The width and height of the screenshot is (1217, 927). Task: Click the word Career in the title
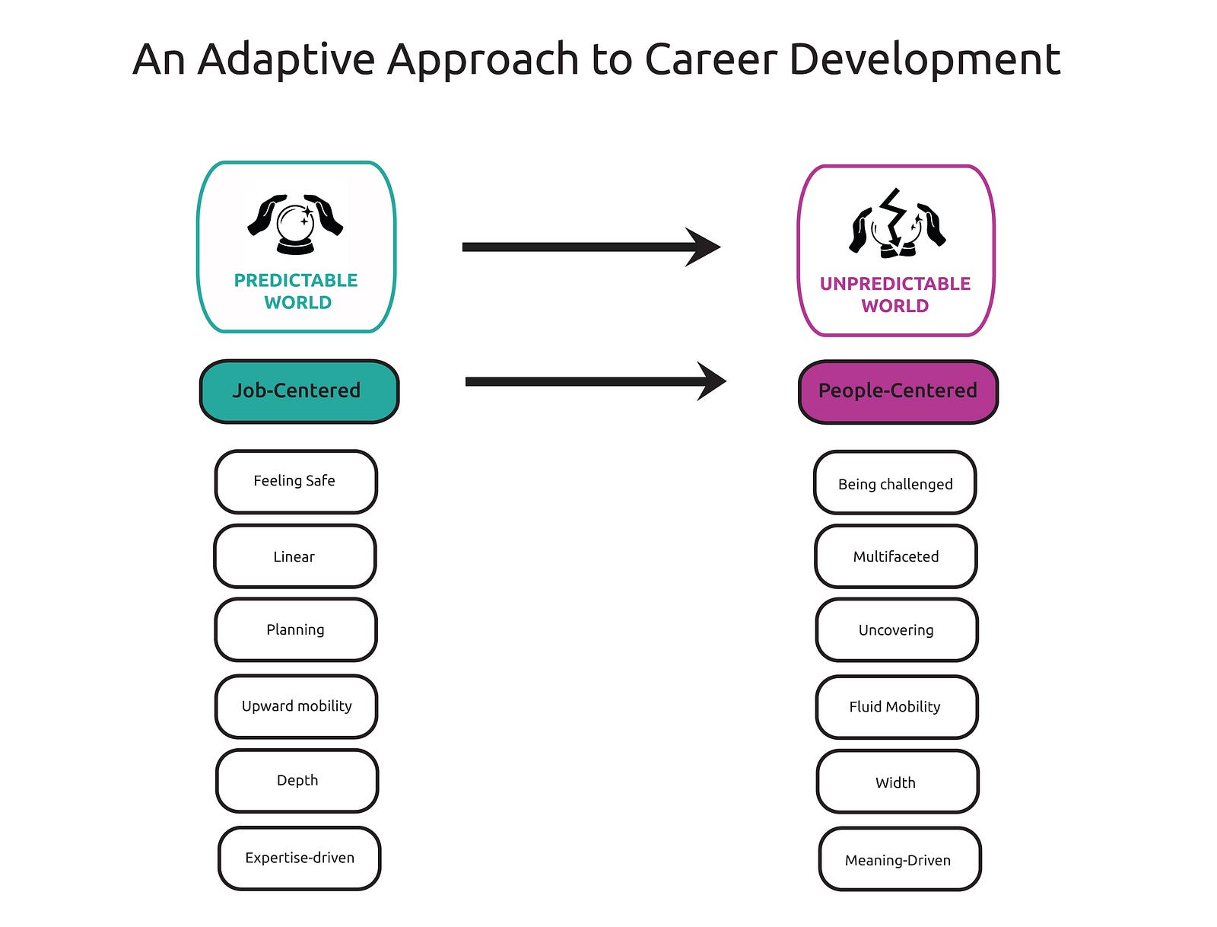point(710,59)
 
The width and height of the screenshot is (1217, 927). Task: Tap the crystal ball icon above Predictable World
point(295,224)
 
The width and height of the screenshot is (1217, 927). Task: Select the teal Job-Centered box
point(299,391)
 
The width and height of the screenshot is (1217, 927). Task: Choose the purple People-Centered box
point(898,392)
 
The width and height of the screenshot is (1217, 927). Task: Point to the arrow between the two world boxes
point(592,247)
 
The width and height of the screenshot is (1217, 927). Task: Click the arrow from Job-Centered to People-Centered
point(596,381)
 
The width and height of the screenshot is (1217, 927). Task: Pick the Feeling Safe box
point(296,482)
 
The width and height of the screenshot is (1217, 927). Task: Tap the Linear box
point(294,556)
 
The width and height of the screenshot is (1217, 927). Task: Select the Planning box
point(296,629)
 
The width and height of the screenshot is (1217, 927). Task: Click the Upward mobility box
point(296,706)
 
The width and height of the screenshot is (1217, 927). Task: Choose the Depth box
point(297,781)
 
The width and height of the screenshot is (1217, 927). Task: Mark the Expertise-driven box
point(299,858)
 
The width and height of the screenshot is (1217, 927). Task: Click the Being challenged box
point(894,483)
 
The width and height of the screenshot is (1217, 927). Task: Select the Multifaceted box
point(895,556)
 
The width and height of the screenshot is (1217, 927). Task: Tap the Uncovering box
point(897,630)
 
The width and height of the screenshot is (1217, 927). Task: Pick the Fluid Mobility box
point(897,707)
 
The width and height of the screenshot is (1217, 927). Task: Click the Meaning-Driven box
point(899,859)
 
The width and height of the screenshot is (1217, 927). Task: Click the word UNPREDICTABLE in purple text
point(894,283)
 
